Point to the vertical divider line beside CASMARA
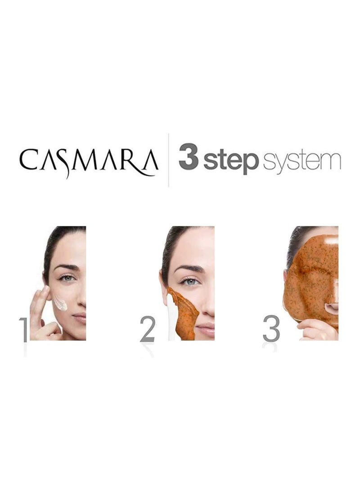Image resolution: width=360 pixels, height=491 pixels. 168,159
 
